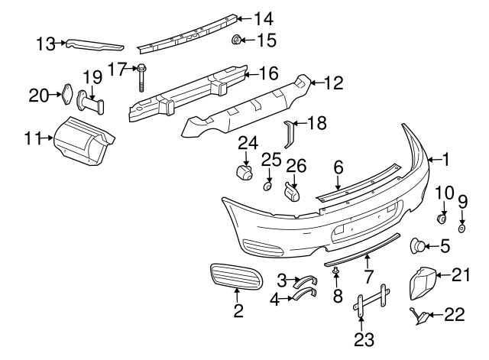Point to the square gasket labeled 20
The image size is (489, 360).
(66, 96)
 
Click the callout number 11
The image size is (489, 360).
(32, 138)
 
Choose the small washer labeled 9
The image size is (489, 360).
(462, 228)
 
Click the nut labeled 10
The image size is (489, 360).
(442, 219)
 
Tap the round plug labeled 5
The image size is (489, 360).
(419, 245)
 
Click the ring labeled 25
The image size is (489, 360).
(268, 185)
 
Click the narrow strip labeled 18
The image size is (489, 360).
(289, 134)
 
